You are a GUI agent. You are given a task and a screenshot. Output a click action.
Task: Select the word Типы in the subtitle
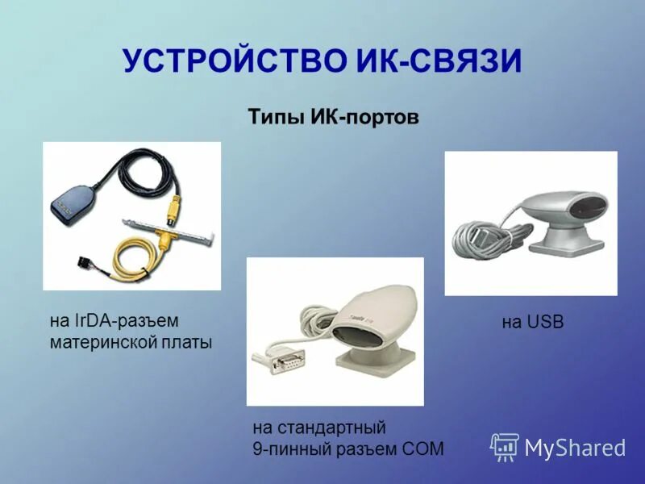coord(277,118)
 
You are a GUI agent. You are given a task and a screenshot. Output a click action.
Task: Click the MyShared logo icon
coord(505,447)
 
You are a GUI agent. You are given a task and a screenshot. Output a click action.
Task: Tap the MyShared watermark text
coord(575,449)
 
